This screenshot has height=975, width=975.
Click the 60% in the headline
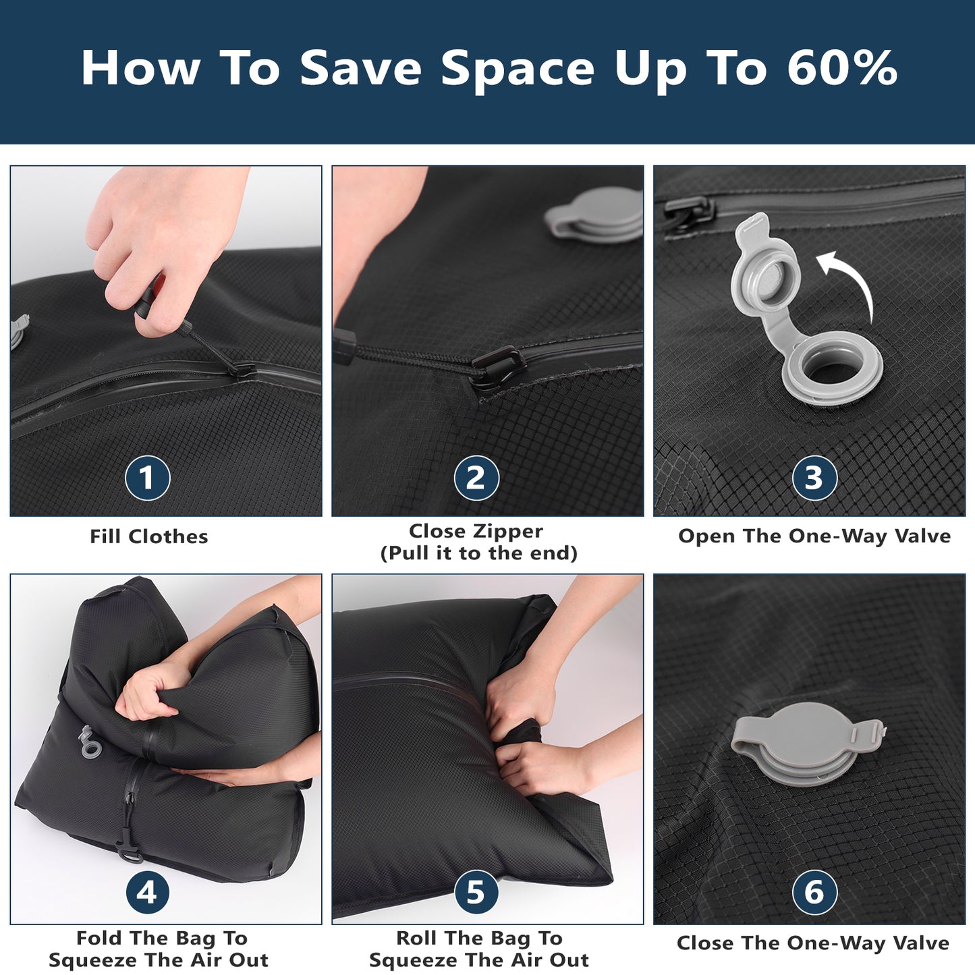click(842, 67)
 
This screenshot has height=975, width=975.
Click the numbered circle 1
click(147, 478)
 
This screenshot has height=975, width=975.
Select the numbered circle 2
click(476, 478)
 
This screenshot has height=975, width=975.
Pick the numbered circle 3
click(814, 478)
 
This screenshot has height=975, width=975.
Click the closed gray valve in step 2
click(594, 213)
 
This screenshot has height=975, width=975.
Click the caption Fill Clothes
click(148, 536)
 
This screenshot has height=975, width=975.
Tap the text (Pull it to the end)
click(478, 553)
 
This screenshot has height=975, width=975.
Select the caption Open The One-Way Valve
click(814, 536)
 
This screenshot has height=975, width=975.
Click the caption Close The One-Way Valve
click(812, 943)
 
